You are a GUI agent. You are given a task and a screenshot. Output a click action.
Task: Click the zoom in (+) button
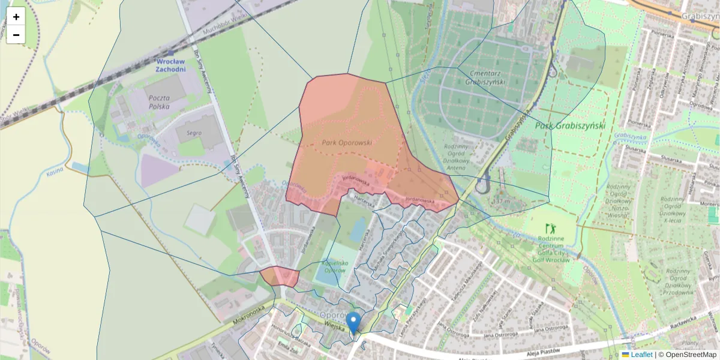pos(16,16)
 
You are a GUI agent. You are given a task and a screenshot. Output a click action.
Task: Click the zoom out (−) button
pos(16,35)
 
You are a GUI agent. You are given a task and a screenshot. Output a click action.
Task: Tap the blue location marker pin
pos(354,322)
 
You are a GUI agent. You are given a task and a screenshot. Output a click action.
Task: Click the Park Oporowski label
pos(347,143)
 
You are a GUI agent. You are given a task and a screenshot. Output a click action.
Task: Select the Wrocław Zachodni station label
pos(170,65)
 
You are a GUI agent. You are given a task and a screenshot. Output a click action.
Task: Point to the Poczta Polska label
pos(157,101)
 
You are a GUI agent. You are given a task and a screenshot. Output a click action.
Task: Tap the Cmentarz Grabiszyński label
pos(485,77)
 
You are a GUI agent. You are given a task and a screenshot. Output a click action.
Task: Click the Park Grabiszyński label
pos(570,125)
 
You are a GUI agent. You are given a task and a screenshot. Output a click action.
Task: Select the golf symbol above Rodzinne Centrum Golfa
pos(550,228)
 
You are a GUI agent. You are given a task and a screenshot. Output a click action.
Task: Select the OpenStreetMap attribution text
pos(688,355)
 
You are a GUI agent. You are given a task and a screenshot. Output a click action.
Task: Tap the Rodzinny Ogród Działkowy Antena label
pos(463,157)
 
